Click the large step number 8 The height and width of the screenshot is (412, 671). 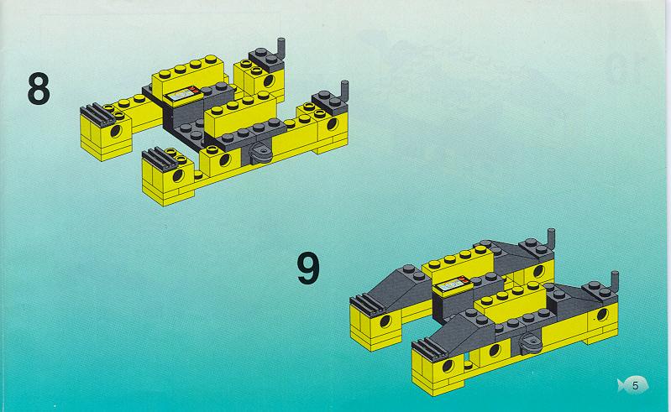pyautogui.click(x=39, y=88)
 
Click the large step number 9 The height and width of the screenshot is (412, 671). pyautogui.click(x=308, y=268)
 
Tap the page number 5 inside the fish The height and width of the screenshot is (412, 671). pyautogui.click(x=635, y=385)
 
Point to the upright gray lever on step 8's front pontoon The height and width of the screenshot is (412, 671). pyautogui.click(x=344, y=90)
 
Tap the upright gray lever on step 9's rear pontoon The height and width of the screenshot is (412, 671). pyautogui.click(x=551, y=238)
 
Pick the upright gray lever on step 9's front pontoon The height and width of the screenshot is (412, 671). pyautogui.click(x=615, y=281)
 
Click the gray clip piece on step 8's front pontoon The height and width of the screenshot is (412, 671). pyautogui.click(x=260, y=154)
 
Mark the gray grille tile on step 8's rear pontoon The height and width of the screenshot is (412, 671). pyautogui.click(x=97, y=113)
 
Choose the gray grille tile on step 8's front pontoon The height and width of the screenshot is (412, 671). pyautogui.click(x=160, y=159)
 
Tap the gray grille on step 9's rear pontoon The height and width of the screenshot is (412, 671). pyautogui.click(x=367, y=303)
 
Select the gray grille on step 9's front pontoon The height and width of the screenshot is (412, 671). pyautogui.click(x=429, y=348)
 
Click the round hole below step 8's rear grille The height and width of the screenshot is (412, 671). pyautogui.click(x=116, y=131)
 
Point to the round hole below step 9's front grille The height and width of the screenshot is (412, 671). pyautogui.click(x=448, y=367)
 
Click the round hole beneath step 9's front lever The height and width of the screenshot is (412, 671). pyautogui.click(x=602, y=315)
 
